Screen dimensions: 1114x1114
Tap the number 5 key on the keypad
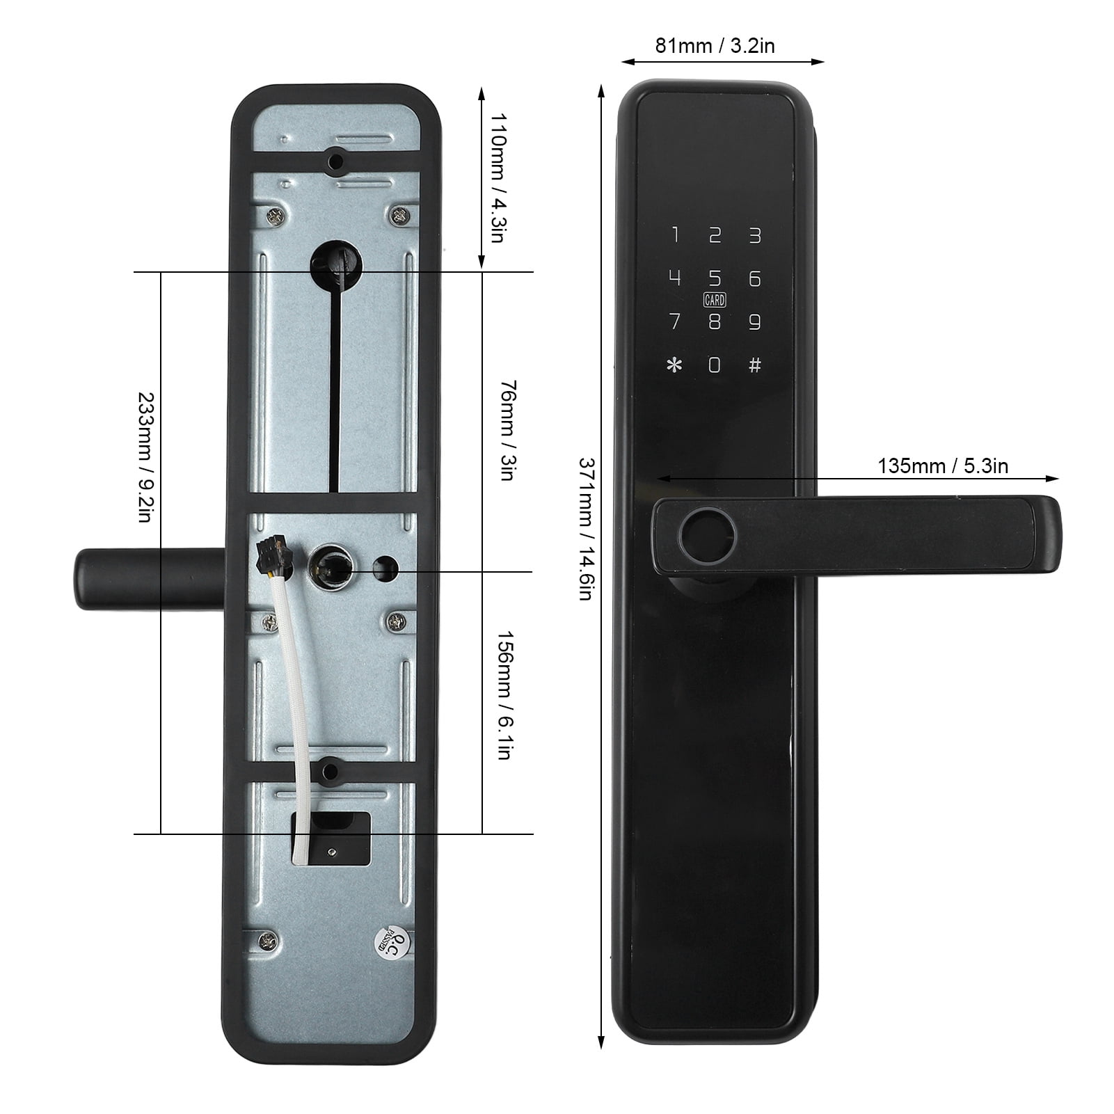pyautogui.click(x=715, y=278)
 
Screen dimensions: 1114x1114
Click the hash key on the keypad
pyautogui.click(x=755, y=365)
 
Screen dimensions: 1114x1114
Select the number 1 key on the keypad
pyautogui.click(x=674, y=235)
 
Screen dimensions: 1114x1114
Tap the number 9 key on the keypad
pyautogui.click(x=755, y=322)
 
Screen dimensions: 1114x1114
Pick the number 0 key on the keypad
pyautogui.click(x=715, y=365)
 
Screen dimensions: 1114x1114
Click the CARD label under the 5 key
pyautogui.click(x=715, y=300)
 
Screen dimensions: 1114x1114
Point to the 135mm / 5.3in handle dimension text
pyautogui.click(x=942, y=466)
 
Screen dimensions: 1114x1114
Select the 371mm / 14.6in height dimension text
pyautogui.click(x=585, y=529)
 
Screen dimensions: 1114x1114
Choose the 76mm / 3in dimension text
pyautogui.click(x=507, y=430)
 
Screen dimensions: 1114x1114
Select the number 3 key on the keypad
pyautogui.click(x=755, y=235)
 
